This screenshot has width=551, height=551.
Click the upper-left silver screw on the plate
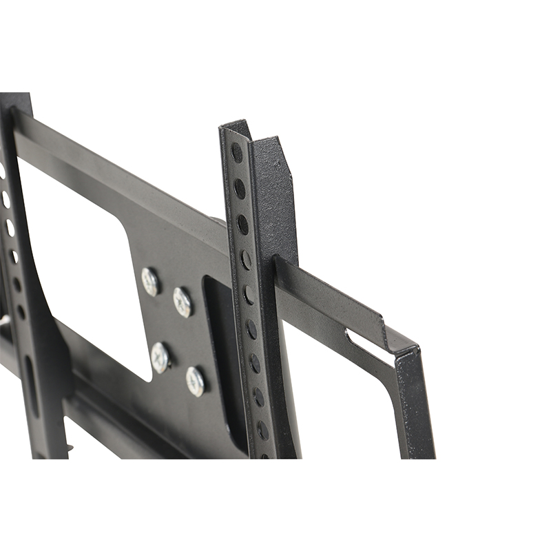coord(150,281)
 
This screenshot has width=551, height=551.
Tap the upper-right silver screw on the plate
coord(183,302)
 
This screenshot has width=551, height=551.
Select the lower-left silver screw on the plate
coord(160,357)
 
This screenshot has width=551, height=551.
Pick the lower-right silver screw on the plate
coord(195,380)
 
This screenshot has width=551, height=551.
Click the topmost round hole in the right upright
coord(237,153)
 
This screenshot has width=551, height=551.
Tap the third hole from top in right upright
coord(242,225)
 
